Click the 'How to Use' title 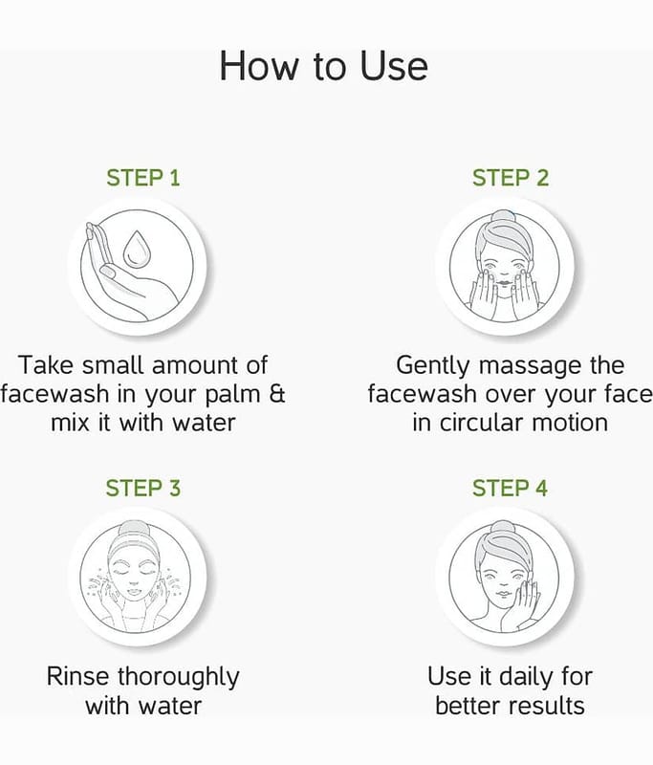pos(324,65)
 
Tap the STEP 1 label pos(143,178)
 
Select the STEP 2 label pos(511,178)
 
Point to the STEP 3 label pos(143,488)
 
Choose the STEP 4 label pos(511,488)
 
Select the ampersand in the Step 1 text pos(277,393)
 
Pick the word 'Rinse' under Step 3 pos(78,676)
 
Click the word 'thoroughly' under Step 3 pos(179,678)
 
